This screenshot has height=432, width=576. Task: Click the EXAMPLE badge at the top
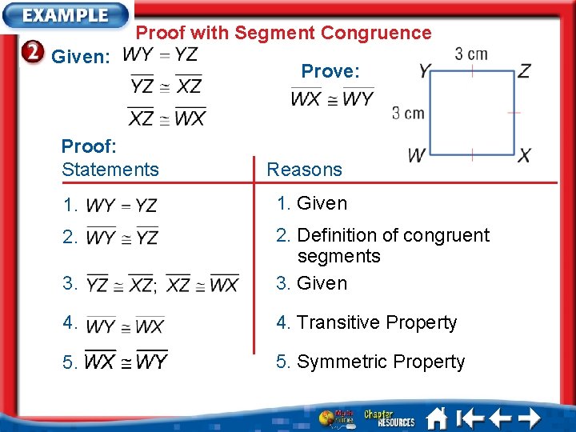coord(66,15)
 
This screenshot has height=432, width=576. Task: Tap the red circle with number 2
coord(32,54)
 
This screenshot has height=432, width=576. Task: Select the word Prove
coord(330,71)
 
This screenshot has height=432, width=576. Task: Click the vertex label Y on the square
coord(425,72)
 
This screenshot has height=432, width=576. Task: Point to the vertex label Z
coord(524,71)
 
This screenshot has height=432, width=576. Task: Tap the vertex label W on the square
coord(416,155)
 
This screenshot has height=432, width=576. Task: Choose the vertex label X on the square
coord(524,155)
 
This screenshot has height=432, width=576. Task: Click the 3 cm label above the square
coord(471,54)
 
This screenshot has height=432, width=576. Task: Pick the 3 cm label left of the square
coord(408,113)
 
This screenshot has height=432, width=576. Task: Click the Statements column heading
coord(110,170)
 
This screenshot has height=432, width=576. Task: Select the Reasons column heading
coord(304,170)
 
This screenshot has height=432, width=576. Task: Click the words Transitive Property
coord(377,323)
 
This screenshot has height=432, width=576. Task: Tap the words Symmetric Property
coord(381,362)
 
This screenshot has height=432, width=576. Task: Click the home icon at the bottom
coord(437,418)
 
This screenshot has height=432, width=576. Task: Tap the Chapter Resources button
coord(389,418)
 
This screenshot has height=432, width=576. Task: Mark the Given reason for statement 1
coord(322,203)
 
